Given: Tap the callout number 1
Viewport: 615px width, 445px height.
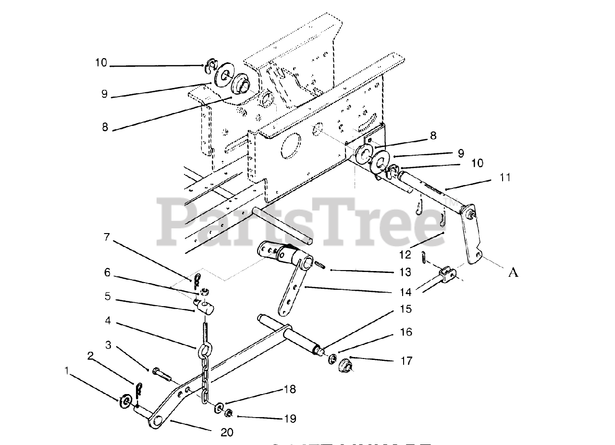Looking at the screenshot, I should point(66,371).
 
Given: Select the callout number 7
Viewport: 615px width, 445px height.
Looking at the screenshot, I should point(107,237).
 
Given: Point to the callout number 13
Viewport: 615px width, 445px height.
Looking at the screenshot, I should point(405,272).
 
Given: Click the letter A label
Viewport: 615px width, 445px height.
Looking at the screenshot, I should point(513,272).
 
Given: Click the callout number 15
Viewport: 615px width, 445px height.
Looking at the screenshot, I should point(406,309).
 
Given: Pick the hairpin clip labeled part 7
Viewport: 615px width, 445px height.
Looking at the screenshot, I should point(197,279).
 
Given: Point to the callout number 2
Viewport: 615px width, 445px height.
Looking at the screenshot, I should point(89,356).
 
